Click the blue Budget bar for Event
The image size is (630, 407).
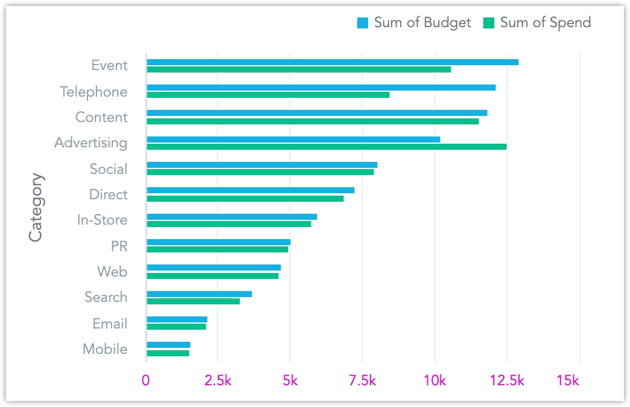[332, 62]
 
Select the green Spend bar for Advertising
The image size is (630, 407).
[326, 147]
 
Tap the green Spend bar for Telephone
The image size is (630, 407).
[268, 95]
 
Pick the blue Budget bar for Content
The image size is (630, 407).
[317, 113]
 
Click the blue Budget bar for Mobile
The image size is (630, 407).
[168, 345]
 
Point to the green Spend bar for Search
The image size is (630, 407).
[193, 301]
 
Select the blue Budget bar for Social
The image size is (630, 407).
[262, 165]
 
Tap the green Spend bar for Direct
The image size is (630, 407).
[245, 199]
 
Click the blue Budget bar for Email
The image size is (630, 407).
[177, 319]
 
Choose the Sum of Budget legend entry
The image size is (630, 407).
[414, 23]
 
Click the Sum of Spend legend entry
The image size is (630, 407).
[537, 23]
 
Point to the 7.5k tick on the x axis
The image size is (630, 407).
[362, 381]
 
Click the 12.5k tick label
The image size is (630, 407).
[507, 381]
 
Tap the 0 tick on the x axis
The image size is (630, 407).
[146, 381]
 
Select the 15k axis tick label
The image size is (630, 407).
[568, 381]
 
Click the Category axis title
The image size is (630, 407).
[36, 207]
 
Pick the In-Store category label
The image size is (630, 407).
[102, 220]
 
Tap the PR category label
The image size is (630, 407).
[119, 246]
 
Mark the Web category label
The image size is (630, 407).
[112, 272]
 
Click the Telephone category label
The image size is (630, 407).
[94, 92]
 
